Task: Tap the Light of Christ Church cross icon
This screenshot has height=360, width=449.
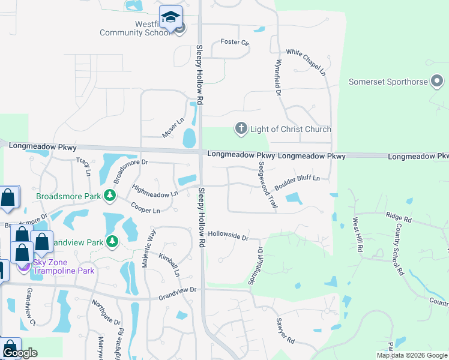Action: click(241, 128)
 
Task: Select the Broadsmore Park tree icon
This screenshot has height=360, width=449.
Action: click(109, 195)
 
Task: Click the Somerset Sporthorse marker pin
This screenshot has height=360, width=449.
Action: click(439, 82)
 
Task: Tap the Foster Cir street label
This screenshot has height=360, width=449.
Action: click(234, 42)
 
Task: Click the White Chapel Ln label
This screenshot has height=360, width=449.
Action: click(306, 62)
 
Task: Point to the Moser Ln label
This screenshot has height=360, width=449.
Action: click(172, 128)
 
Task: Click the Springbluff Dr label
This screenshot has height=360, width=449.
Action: click(256, 266)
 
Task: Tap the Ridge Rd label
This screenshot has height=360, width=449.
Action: click(399, 216)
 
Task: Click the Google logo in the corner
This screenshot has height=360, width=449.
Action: click(20, 353)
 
